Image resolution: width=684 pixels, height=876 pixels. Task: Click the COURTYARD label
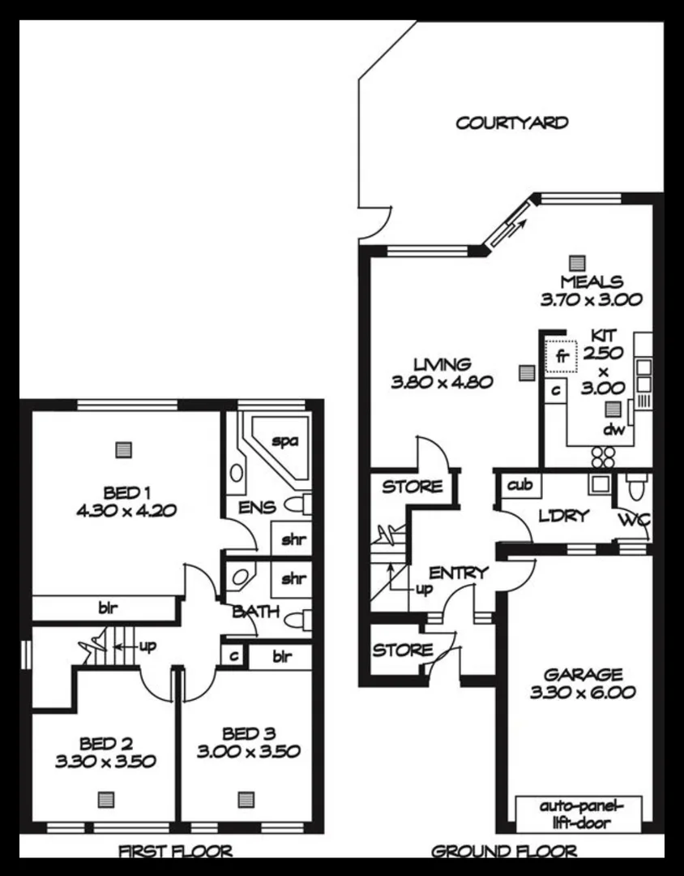coord(511,123)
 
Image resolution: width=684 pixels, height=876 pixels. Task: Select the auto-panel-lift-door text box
coord(579,814)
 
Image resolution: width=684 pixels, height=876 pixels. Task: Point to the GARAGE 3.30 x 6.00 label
coord(583,683)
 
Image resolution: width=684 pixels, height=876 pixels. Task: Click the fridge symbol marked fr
coord(559,356)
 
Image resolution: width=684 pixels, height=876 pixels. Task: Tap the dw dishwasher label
coord(613,430)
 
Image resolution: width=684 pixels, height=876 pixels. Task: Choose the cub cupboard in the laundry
coord(519,485)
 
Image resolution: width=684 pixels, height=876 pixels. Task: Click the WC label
coord(635,520)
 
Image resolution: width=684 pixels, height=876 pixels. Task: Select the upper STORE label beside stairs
coord(413,487)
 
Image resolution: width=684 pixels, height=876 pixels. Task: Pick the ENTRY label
coord(459,573)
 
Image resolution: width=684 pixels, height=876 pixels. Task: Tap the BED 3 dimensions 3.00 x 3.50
coord(248,752)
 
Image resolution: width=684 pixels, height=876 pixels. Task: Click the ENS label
coord(257,508)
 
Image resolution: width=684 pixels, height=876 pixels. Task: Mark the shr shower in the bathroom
coord(293,579)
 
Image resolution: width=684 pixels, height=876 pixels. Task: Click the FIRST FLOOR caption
coord(176,851)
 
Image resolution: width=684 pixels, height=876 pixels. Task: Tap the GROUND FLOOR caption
coord(504,851)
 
